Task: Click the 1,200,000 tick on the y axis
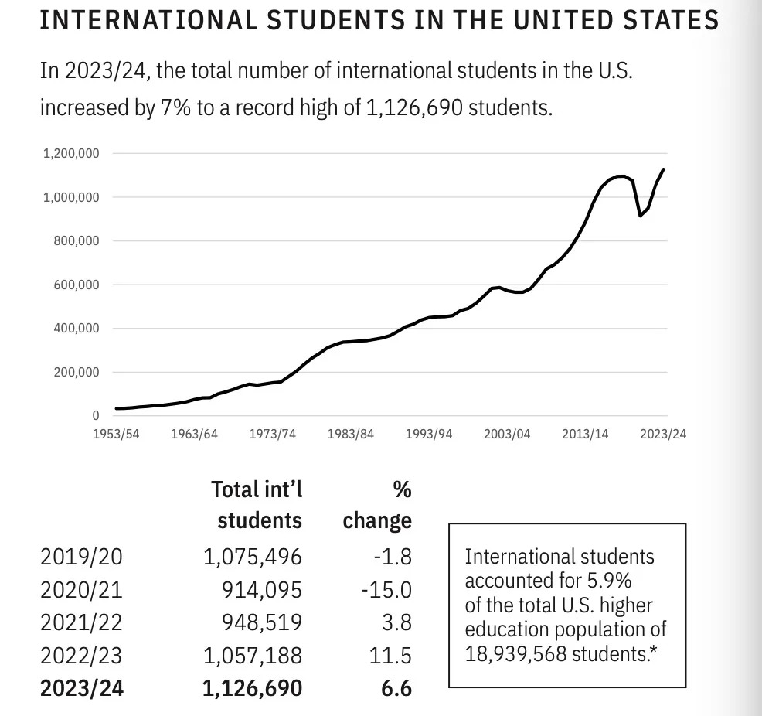[72, 153]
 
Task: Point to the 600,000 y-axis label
[77, 285]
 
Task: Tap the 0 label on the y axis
[95, 416]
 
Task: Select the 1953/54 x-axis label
[116, 434]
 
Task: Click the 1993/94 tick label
[429, 434]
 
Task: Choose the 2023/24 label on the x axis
[662, 434]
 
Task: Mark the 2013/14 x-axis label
[585, 434]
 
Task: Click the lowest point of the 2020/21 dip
[640, 216]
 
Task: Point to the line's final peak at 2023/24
[664, 169]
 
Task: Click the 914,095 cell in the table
[263, 590]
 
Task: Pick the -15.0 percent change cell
[386, 590]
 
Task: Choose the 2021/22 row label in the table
[81, 622]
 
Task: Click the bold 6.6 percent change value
[396, 687]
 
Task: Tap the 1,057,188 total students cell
[253, 656]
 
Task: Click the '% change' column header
[378, 504]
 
